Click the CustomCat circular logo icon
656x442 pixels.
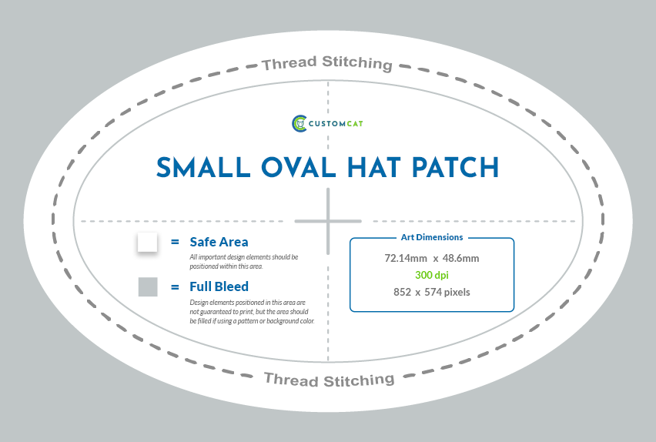[300, 123]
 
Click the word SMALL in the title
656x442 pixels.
[203, 167]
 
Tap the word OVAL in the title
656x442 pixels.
[299, 167]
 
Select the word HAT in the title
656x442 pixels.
[373, 167]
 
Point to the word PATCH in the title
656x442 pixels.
[455, 167]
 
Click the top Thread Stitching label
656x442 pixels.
[327, 63]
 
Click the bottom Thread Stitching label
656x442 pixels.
[330, 380]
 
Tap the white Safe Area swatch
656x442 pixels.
[147, 242]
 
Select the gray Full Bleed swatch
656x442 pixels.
[148, 286]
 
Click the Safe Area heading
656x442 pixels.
[219, 242]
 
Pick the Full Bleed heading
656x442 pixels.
[219, 286]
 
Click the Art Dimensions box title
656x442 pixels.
[432, 237]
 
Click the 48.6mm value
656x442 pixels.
[460, 258]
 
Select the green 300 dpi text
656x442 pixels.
[432, 275]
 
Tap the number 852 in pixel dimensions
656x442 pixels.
[402, 292]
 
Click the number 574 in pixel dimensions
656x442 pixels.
[433, 292]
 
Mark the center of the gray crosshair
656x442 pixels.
[328, 221]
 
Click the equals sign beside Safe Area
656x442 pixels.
[175, 242]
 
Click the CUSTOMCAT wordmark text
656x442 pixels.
[336, 123]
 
